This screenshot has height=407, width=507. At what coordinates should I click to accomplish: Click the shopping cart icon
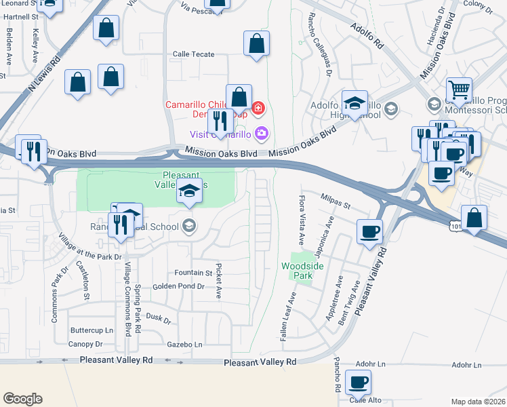459,90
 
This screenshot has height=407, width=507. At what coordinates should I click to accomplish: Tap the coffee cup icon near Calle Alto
357,381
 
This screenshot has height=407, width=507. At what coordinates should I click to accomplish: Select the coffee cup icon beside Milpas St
370,231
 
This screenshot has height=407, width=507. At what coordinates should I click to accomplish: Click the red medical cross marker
258,107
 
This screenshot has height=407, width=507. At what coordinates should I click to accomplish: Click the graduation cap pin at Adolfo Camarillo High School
354,103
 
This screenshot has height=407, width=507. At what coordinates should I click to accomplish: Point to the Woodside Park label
302,271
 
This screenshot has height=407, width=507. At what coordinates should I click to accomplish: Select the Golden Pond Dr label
178,286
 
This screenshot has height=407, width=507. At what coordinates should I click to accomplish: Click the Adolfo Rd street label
367,35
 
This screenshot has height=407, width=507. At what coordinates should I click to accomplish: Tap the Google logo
22,398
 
